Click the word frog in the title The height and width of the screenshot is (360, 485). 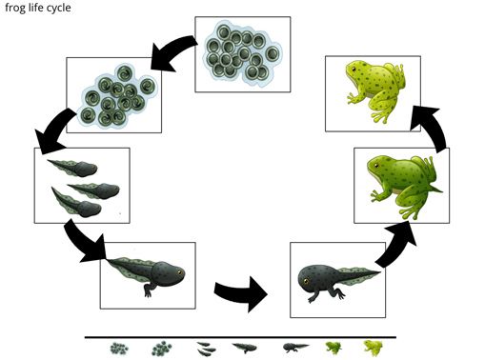(14, 8)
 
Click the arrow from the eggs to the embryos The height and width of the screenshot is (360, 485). (173, 50)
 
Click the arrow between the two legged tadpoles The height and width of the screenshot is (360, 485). (241, 293)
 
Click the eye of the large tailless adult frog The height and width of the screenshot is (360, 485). (354, 69)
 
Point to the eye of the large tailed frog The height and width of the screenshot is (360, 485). (376, 165)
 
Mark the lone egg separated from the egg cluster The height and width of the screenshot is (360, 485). (273, 54)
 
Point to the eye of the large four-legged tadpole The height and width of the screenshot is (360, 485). (306, 281)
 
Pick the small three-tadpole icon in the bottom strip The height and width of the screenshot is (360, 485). (206, 349)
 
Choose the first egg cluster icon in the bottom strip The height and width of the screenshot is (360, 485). (119, 349)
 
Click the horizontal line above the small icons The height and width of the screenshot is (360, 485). (240, 337)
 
